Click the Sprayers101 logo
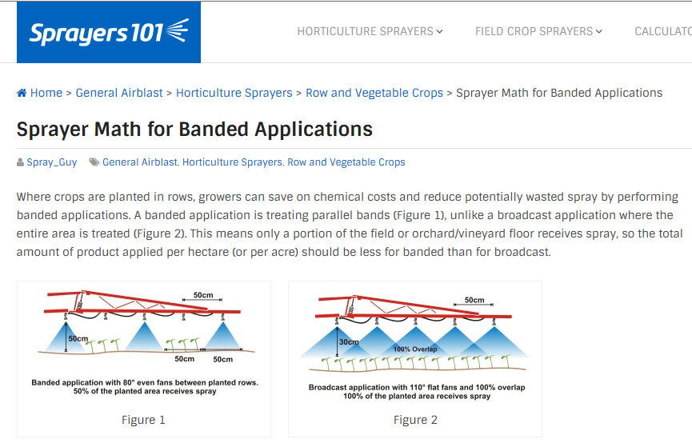point(109,32)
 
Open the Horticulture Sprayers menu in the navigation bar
point(370,32)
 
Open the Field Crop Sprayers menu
point(538,32)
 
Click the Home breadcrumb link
point(46,93)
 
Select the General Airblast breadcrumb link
point(119,93)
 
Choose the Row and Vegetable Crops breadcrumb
point(374,93)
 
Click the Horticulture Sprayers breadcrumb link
point(234,93)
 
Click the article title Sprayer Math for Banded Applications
point(194,129)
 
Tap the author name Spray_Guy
point(52,162)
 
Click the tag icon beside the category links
point(94,162)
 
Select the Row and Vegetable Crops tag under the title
point(346,162)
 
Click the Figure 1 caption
point(143,420)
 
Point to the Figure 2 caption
point(415,420)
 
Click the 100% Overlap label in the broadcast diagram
point(415,349)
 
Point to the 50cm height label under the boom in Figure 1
point(77,338)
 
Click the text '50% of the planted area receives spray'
point(144,392)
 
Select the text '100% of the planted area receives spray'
point(415,397)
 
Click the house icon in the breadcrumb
point(22,93)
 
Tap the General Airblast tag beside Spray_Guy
point(140,162)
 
